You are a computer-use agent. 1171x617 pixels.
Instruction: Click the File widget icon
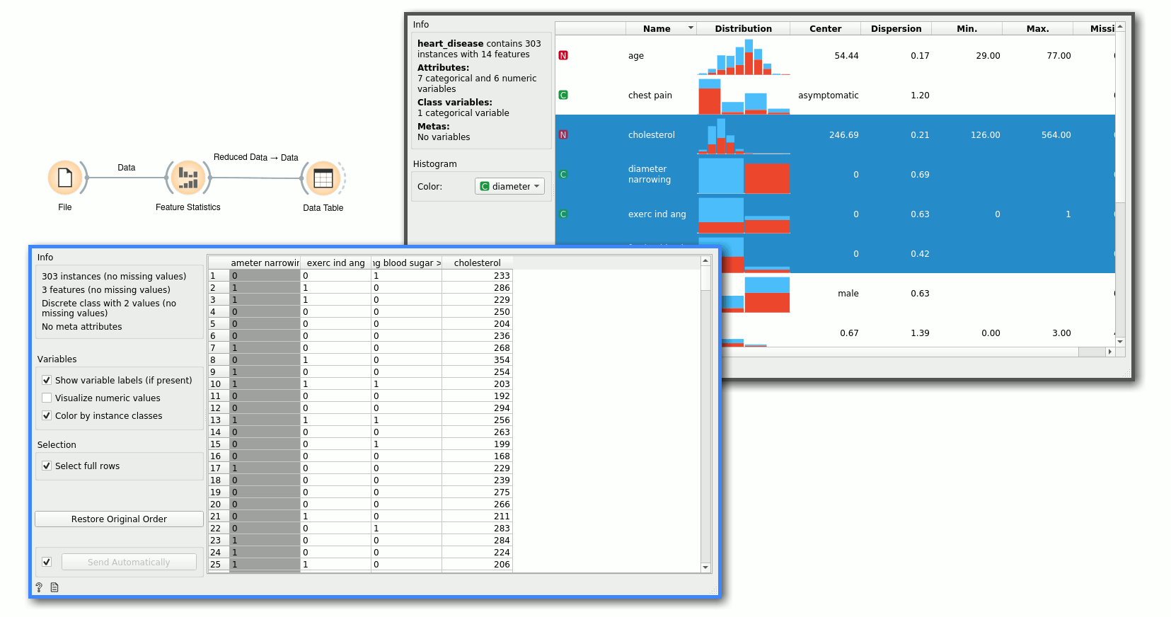pyautogui.click(x=64, y=178)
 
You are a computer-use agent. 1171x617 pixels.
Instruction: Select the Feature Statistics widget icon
pyautogui.click(x=188, y=178)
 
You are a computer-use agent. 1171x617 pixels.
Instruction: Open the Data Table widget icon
pyautogui.click(x=323, y=178)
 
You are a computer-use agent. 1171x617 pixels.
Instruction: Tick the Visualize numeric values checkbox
pyautogui.click(x=47, y=398)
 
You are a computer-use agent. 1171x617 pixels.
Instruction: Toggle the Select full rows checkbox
pyautogui.click(x=47, y=466)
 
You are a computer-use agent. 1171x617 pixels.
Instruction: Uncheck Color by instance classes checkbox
pyautogui.click(x=47, y=416)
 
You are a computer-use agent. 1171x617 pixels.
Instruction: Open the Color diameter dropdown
pyautogui.click(x=509, y=187)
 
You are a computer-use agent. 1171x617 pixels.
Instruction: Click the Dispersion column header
pyautogui.click(x=896, y=29)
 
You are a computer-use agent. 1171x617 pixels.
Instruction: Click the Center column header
pyautogui.click(x=825, y=29)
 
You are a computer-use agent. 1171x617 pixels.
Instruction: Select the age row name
pyautogui.click(x=636, y=56)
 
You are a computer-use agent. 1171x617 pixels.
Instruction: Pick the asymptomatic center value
pyautogui.click(x=828, y=96)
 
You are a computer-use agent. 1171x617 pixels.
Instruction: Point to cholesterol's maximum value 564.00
pyautogui.click(x=1056, y=135)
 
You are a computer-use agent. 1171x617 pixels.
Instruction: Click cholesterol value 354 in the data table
pyautogui.click(x=502, y=360)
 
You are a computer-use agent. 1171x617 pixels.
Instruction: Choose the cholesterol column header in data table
pyautogui.click(x=477, y=263)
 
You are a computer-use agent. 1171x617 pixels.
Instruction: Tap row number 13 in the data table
pyautogui.click(x=216, y=420)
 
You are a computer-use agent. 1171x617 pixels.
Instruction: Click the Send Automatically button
pyautogui.click(x=129, y=563)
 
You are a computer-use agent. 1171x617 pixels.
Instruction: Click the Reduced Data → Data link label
pyautogui.click(x=255, y=158)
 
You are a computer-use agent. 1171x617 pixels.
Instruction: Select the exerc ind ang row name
pyautogui.click(x=657, y=214)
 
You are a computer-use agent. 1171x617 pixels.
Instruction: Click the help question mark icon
pyautogui.click(x=39, y=587)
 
